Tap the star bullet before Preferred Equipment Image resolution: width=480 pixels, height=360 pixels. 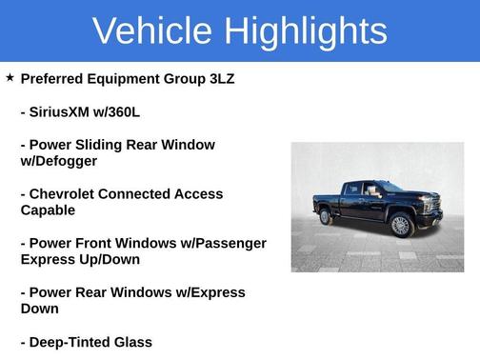(10, 77)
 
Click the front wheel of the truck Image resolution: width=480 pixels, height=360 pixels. (400, 225)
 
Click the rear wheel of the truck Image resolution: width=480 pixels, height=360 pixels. (326, 216)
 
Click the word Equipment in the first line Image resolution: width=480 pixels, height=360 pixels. (142, 78)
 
